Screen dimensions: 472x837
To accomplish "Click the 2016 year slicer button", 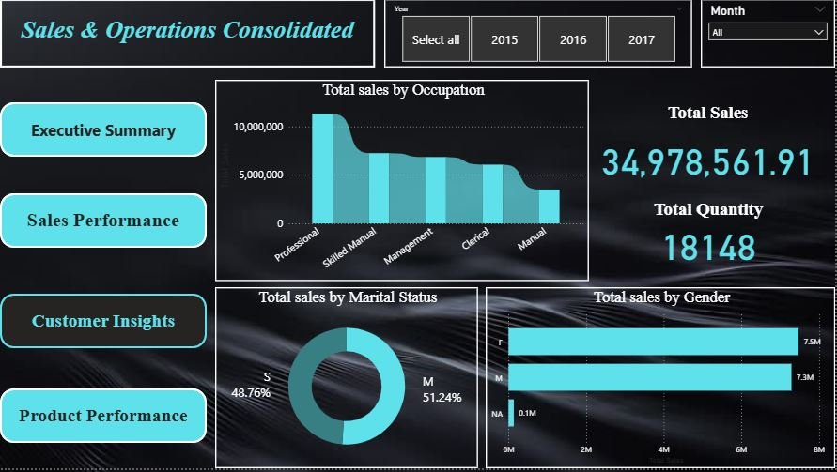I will [x=573, y=39].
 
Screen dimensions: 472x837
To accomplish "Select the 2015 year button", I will [x=504, y=39].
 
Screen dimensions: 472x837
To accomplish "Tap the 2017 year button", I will [x=642, y=39].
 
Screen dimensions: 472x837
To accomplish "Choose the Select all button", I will [x=436, y=39].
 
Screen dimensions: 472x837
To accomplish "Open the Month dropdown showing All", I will [x=767, y=32].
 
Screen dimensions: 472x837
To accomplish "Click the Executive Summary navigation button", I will [x=103, y=129].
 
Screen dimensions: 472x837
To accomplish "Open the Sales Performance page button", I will [x=103, y=221].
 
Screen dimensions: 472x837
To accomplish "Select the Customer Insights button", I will [x=103, y=321].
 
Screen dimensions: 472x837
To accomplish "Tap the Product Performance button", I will [x=103, y=416].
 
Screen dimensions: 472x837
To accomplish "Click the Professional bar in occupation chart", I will [x=322, y=169].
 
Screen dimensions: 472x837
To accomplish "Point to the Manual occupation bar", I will [x=549, y=206].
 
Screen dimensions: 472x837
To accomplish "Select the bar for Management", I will [x=436, y=190].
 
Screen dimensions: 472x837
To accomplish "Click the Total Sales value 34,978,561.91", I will [x=706, y=162].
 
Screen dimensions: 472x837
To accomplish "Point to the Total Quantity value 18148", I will [x=709, y=248].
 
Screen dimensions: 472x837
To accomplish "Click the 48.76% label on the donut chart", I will [x=251, y=392].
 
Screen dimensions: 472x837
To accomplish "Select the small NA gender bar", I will [x=511, y=413].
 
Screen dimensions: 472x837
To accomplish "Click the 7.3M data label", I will [x=804, y=377].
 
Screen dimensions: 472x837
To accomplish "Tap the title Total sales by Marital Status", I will [x=348, y=297].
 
